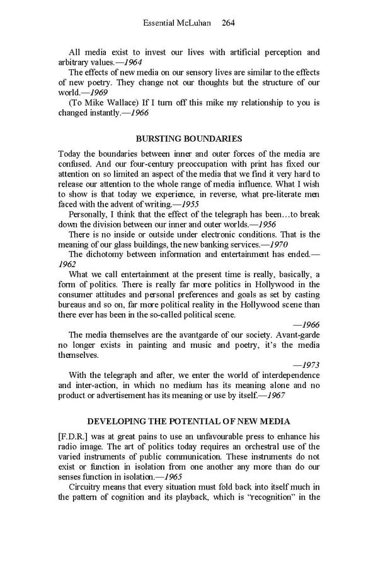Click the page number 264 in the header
228,23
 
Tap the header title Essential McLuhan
178,23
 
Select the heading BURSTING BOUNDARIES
189,139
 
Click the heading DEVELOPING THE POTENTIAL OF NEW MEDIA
188,420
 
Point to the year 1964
132,63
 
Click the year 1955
205,204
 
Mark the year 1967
275,395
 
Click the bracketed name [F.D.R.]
76,436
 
